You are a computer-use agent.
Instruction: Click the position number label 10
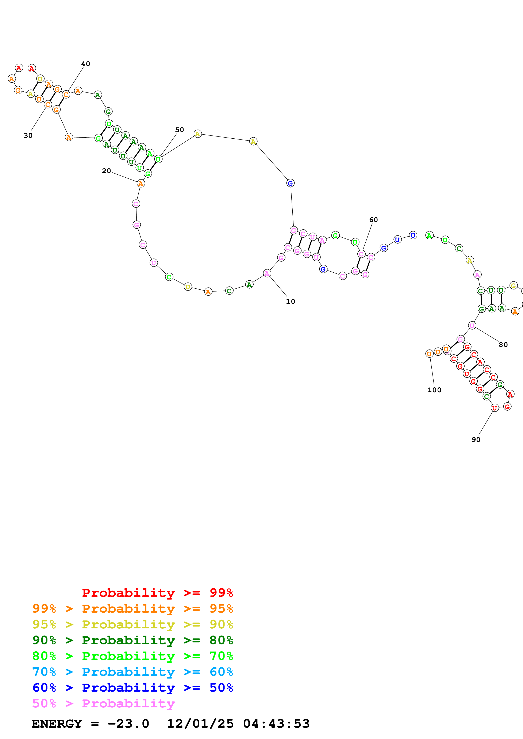point(290,302)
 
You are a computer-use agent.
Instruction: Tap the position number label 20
point(106,171)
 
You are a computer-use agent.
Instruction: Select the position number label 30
point(28,135)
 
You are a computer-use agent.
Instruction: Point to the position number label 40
point(85,64)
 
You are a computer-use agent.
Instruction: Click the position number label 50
point(180,130)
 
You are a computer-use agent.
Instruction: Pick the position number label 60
point(373,220)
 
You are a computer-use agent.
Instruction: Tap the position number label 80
point(503,345)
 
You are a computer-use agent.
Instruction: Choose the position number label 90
point(476,440)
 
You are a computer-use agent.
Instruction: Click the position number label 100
point(434,390)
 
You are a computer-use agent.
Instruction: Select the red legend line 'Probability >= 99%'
point(157,593)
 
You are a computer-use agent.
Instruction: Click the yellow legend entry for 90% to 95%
point(132,624)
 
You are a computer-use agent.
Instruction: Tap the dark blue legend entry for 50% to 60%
point(132,688)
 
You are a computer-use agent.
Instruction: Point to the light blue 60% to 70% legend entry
point(132,672)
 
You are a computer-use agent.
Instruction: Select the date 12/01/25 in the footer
point(200,724)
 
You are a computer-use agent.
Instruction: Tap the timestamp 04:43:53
point(276,724)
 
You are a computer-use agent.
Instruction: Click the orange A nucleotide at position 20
point(141,183)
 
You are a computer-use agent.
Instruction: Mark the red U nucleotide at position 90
point(494,408)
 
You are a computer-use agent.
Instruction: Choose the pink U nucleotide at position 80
point(472,325)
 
